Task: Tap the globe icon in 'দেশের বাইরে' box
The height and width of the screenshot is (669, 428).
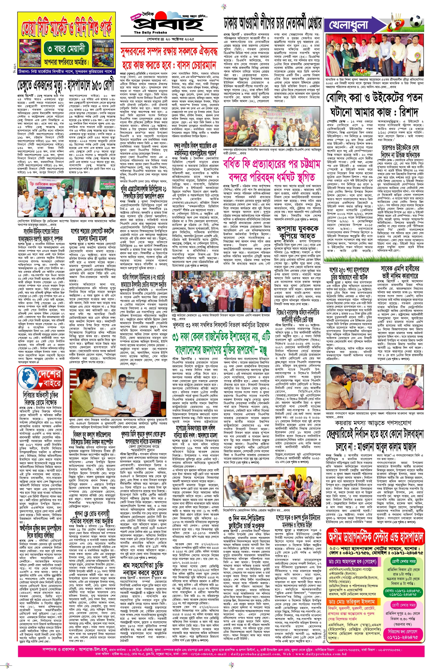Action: click(x=29, y=379)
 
